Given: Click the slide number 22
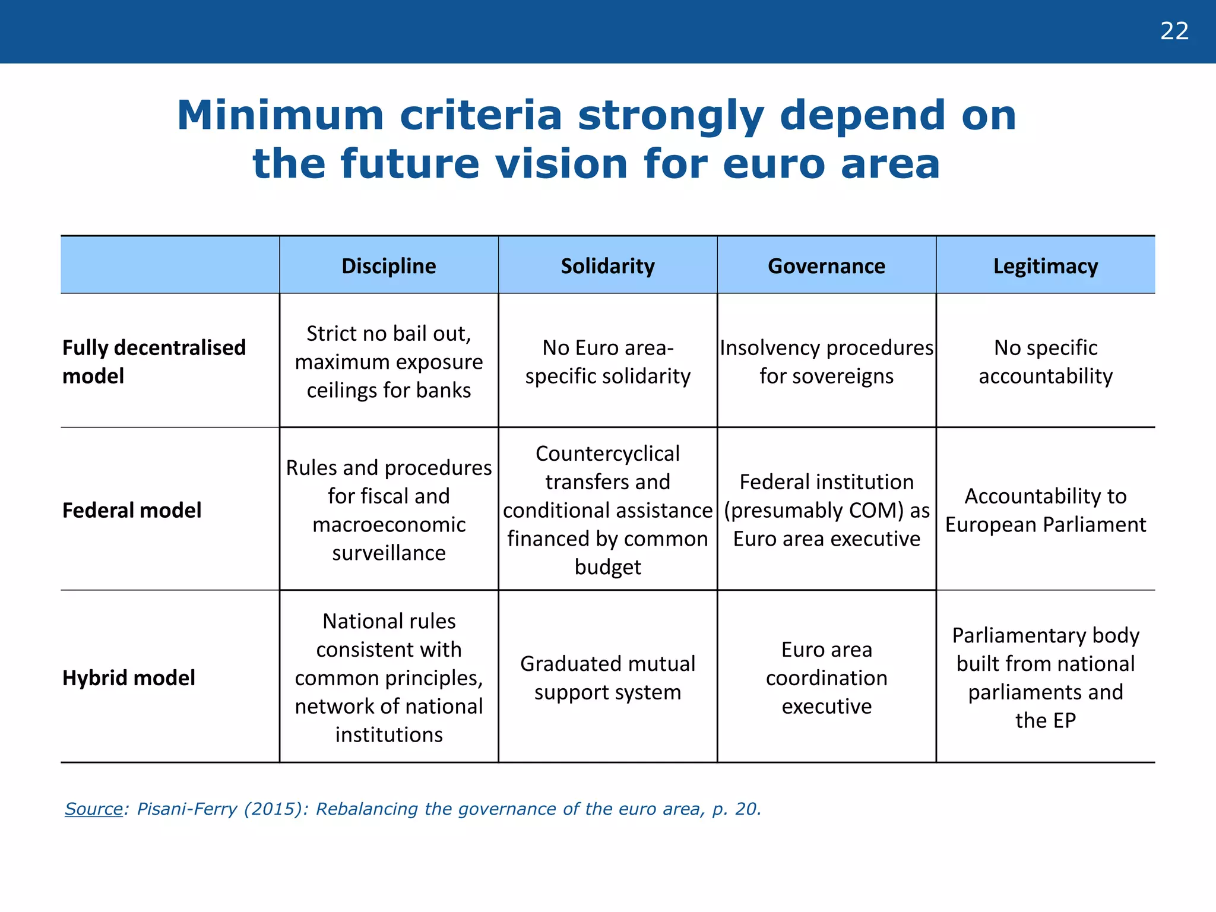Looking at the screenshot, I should (1174, 31).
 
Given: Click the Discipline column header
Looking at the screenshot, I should (388, 266).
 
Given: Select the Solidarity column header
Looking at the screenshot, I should (607, 266).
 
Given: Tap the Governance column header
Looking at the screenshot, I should (826, 266).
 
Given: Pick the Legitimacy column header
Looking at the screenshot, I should (1045, 266).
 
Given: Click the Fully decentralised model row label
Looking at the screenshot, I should (154, 362).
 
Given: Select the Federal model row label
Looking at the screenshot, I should (132, 510).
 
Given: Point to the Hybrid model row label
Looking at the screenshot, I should (129, 677).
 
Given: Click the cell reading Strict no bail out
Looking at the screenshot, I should (388, 362).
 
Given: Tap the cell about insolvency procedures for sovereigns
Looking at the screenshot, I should (826, 362).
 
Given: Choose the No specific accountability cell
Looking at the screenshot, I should (1045, 362).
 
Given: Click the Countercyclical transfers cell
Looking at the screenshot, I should (607, 510).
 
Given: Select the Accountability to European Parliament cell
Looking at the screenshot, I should (1045, 510).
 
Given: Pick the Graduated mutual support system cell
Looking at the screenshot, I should (607, 677).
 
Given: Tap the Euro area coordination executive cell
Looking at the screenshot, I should (826, 677).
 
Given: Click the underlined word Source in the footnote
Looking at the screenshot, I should (93, 809).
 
